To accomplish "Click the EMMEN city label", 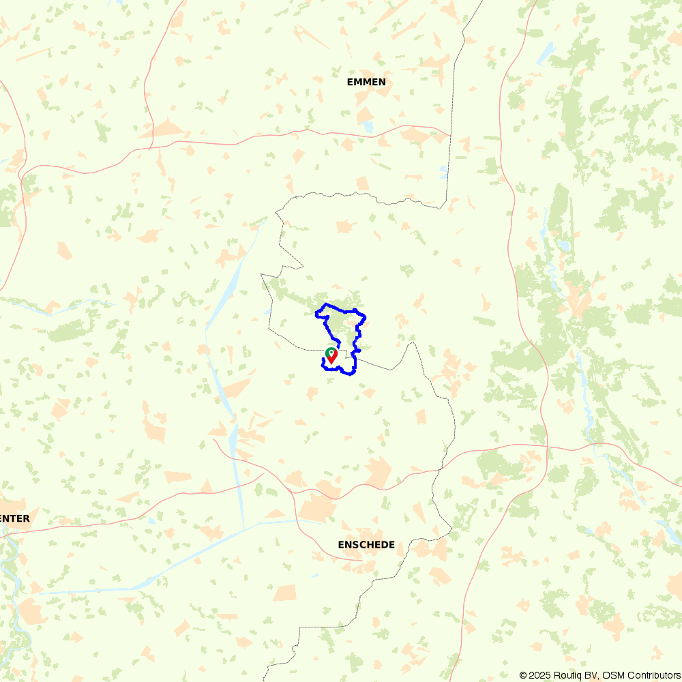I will click(366, 82).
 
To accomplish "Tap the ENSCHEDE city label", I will click(366, 544).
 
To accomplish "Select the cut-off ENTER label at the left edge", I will click(14, 518).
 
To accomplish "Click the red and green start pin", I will click(331, 355).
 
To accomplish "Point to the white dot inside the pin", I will click(331, 353).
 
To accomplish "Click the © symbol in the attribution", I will click(523, 675).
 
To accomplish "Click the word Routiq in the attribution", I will click(567, 675).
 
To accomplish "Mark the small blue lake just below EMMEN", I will click(368, 127).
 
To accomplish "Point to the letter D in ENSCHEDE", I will click(382, 544).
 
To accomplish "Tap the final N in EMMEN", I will click(382, 82).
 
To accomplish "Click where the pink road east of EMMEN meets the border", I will click(450, 135).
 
